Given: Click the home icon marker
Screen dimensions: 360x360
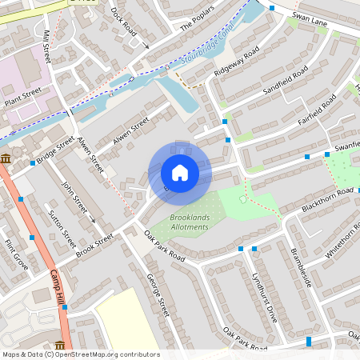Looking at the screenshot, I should coord(180,173).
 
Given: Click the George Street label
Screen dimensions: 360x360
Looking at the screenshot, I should coord(158,294).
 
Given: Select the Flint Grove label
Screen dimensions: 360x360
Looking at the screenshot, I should coord(15,254).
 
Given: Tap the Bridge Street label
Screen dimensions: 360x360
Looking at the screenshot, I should coord(55,150).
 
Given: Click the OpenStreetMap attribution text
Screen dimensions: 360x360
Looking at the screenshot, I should coord(81,354).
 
